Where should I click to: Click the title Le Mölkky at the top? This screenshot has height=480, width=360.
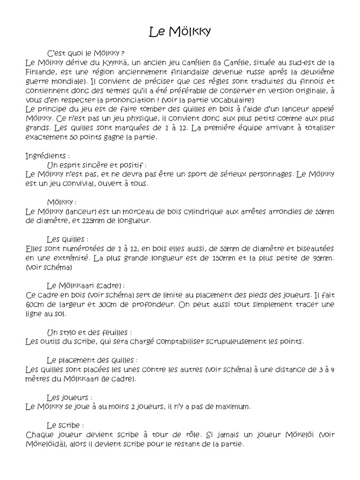pos(180,32)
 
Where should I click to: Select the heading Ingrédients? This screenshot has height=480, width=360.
pos(48,156)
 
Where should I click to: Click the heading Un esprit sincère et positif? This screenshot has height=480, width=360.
pos(97,165)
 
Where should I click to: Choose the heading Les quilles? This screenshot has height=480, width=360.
pos(67,239)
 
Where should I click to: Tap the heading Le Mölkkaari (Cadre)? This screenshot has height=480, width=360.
pos(86,285)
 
